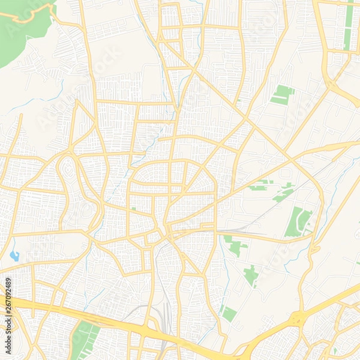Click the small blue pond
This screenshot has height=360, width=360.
point(14,256)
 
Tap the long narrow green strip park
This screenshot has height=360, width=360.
point(349,24)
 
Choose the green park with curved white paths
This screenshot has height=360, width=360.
point(298,221)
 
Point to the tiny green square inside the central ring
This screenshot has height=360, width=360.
point(133,209)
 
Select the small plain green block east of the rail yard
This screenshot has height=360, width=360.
point(227,313)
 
